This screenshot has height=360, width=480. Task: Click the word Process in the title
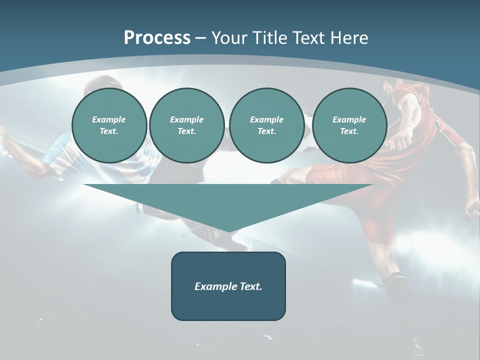[x=157, y=38]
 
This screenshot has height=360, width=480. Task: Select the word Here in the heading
[x=349, y=38]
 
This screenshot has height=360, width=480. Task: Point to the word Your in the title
[x=227, y=38]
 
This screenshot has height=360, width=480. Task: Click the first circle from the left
[x=109, y=125]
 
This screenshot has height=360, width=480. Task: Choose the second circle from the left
[x=186, y=125]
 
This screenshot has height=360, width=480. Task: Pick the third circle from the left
[x=266, y=125]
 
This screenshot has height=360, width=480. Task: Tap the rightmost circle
[x=349, y=125]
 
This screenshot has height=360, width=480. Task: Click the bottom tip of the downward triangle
[x=228, y=230]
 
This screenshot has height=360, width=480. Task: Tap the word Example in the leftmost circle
[x=109, y=119]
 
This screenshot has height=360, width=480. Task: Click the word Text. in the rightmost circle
[x=349, y=131]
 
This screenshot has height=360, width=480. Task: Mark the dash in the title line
[x=200, y=38]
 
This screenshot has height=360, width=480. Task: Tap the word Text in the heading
[x=308, y=38]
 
